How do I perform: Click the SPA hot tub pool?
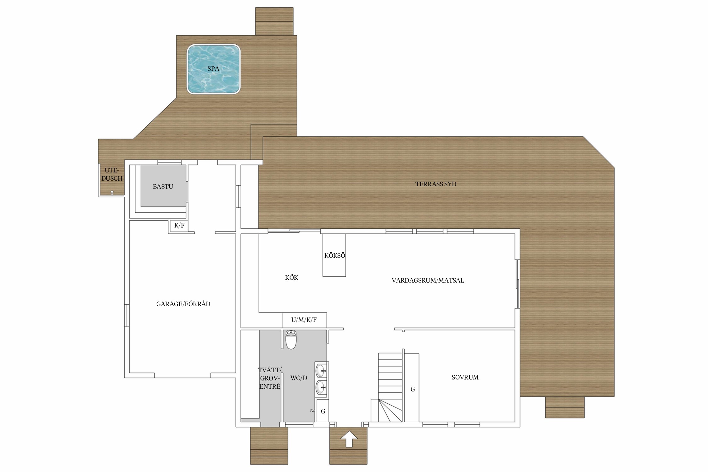point(213,69)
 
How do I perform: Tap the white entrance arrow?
point(349,439)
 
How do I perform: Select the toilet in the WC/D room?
point(291,340)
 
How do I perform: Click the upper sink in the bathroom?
point(321,371)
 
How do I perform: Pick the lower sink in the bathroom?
point(321,388)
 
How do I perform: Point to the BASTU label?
point(163,187)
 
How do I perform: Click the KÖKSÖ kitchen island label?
point(335,256)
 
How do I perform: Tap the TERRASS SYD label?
point(436,184)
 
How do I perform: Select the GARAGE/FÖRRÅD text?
point(183,304)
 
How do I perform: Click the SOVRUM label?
point(465,377)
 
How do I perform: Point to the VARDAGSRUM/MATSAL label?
point(428,280)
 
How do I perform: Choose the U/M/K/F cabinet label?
point(304,320)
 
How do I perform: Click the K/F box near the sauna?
point(179,225)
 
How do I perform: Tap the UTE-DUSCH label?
point(112,174)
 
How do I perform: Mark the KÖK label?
point(291,278)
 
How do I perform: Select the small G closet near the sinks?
point(323,411)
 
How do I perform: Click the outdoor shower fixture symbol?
point(112,193)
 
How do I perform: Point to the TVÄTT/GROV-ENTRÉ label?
point(270,378)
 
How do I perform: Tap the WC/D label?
point(299,378)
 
